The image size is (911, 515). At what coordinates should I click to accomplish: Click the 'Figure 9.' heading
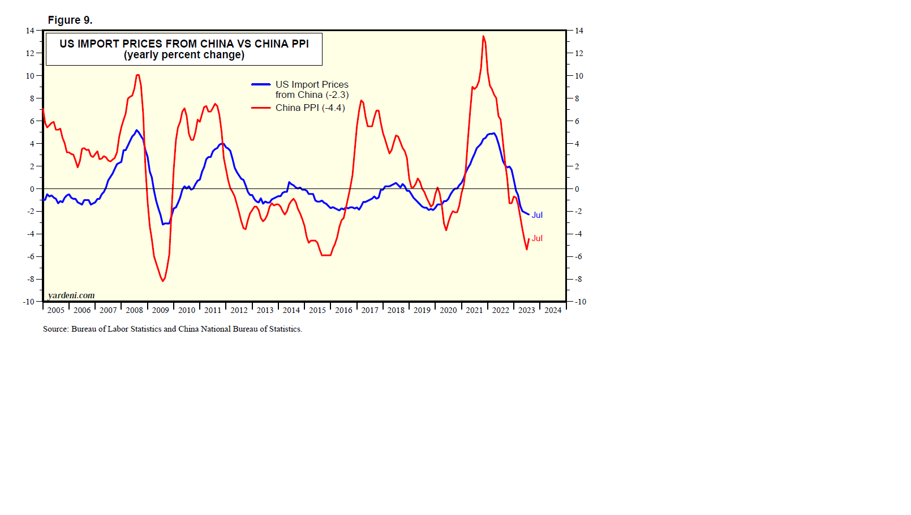(70, 20)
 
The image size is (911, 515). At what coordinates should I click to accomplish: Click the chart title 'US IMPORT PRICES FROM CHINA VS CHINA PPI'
(184, 44)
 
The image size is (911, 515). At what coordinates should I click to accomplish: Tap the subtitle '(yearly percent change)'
(184, 55)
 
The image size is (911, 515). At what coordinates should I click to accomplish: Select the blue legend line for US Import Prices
(261, 84)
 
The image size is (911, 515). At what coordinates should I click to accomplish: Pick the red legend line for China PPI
(261, 108)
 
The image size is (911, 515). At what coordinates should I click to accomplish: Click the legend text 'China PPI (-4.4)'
(310, 108)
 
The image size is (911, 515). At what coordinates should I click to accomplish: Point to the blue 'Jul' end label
(537, 215)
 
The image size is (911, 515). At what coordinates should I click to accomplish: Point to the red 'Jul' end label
(537, 238)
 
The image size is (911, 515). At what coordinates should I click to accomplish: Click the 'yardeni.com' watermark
(71, 295)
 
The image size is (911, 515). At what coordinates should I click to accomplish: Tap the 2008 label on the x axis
(134, 310)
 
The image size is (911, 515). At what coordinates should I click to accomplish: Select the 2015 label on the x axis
(317, 310)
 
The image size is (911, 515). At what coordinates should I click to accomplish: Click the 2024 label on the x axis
(553, 310)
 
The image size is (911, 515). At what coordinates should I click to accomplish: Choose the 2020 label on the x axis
(448, 310)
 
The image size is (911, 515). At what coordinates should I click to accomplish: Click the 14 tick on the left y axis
(29, 31)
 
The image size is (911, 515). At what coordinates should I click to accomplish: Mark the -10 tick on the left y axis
(28, 302)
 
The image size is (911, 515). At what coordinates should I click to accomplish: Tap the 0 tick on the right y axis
(577, 189)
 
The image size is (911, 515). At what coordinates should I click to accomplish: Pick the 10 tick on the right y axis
(579, 76)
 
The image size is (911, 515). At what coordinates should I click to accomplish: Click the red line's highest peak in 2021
(483, 37)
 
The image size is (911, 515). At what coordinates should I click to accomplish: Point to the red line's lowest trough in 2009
(163, 281)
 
